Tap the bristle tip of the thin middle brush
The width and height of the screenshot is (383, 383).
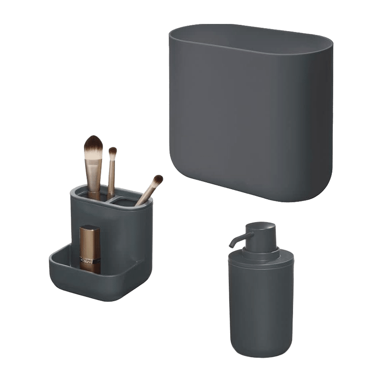(113, 152)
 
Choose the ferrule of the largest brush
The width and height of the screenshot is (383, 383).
(94, 168)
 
